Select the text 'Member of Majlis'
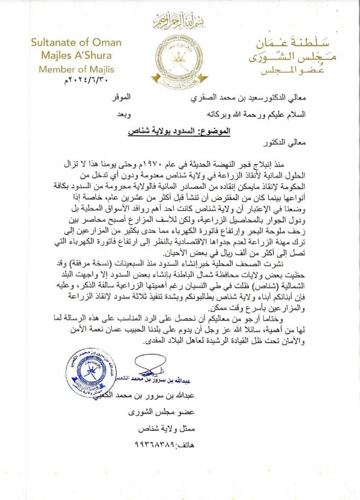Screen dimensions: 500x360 point(76,69)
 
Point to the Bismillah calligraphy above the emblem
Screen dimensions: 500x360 point(181,22)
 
